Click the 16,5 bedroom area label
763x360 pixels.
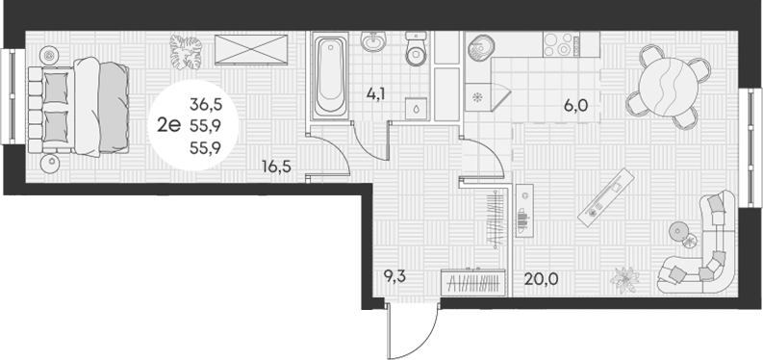pos(276,167)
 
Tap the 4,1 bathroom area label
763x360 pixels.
pos(376,93)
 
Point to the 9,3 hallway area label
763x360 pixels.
pos(394,278)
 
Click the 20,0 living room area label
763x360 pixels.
pos(541,279)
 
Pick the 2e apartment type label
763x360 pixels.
pos(168,126)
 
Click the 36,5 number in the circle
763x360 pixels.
pos(205,103)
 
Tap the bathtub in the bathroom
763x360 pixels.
pos(330,76)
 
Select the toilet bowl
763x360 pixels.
pos(416,49)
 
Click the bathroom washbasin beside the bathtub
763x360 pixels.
pos(373,40)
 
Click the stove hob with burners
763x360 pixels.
pos(562,44)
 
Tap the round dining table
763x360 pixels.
pos(666,87)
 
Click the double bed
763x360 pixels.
pos(79,107)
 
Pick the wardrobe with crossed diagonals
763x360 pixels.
pos(251,49)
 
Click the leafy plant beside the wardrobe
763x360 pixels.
pos(186,51)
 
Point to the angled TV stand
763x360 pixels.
pos(606,197)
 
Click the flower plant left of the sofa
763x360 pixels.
pos(625,280)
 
